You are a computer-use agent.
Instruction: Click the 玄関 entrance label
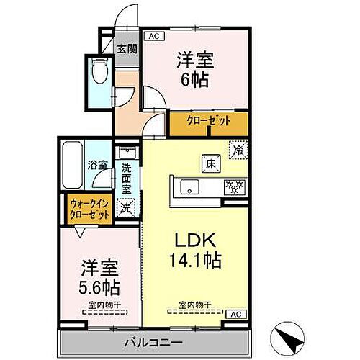point(127,49)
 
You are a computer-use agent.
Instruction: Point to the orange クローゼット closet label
point(209,122)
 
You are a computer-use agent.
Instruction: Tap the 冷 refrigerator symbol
point(237,149)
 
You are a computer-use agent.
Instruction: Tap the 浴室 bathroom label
point(98,165)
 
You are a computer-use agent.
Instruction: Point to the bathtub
point(73,166)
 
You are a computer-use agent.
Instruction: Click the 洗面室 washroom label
point(126,179)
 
